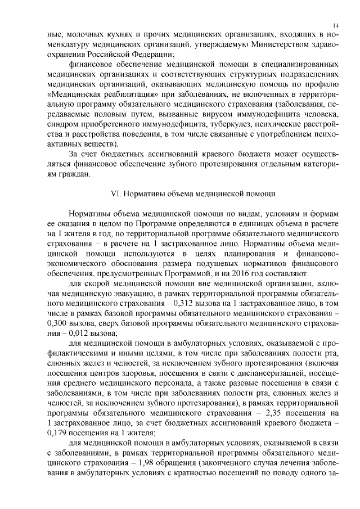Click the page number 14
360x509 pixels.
tap(335, 25)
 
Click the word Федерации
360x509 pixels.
tap(149, 55)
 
